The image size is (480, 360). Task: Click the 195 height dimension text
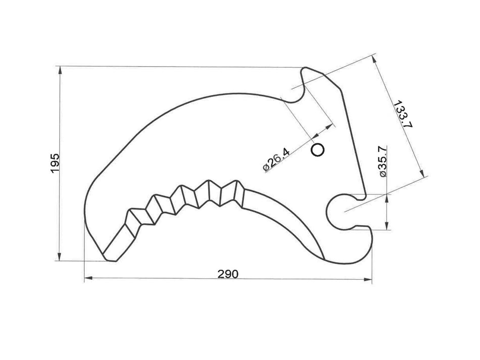point(55,163)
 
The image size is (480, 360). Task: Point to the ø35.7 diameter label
point(382,161)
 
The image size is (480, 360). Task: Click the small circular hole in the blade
point(318,149)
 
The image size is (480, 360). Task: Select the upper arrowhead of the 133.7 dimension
point(375,60)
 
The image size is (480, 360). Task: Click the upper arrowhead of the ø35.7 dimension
point(387,197)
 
